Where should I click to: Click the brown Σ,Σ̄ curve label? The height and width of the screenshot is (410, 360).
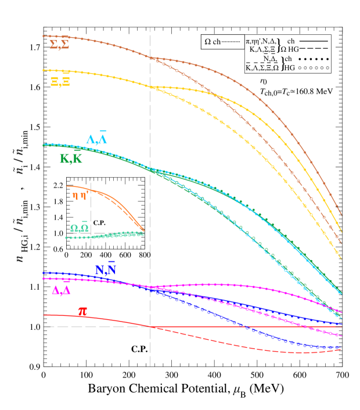coord(59,45)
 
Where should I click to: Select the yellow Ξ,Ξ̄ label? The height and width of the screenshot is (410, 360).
coord(60,81)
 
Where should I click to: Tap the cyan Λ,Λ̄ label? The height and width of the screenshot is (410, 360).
coord(96,139)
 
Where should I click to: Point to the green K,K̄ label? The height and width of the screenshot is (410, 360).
coord(71,159)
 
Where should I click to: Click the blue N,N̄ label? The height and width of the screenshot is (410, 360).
coord(106,269)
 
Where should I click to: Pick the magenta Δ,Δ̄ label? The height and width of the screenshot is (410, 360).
coord(61,290)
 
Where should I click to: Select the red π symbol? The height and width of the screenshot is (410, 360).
coord(82,312)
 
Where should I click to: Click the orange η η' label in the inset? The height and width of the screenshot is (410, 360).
coord(81,196)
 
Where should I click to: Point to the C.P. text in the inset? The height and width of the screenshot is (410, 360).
coord(99,222)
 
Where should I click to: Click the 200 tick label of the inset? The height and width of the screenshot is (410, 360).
coord(86,256)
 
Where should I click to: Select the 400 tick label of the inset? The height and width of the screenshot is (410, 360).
coord(106,256)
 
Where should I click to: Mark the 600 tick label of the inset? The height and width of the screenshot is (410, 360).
coord(125,256)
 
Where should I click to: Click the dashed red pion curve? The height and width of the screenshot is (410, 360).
coord(232,343)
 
